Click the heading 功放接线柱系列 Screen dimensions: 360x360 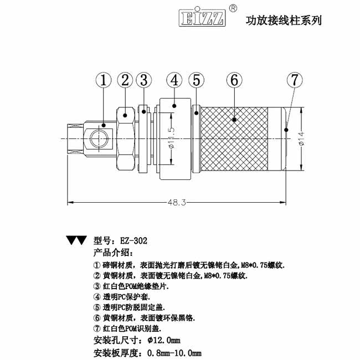click(x=283, y=20)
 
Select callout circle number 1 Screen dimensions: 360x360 click(x=103, y=80)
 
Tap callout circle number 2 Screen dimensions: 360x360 click(x=125, y=80)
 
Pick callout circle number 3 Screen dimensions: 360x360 click(x=144, y=80)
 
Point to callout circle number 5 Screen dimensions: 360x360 click(x=197, y=80)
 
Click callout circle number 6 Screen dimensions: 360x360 click(x=234, y=80)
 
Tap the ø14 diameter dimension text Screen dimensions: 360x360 click(x=302, y=136)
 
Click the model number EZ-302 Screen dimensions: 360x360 click(x=133, y=241)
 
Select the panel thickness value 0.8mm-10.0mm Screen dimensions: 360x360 click(x=173, y=352)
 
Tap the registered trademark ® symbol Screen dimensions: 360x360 click(x=233, y=9)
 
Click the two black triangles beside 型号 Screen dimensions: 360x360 click(x=76, y=240)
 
